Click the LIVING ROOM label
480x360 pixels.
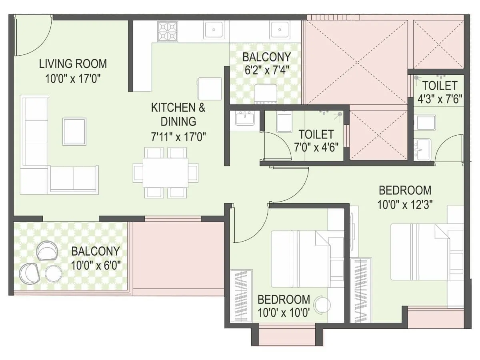pos(73,64)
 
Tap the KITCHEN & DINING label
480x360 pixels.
pos(178,114)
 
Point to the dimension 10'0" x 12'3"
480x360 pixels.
pos(405,205)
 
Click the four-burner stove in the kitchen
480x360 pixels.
pos(168,31)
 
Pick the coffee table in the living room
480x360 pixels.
pos(74,131)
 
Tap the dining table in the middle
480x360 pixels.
pos(165,172)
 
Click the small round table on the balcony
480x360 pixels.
pos(54,274)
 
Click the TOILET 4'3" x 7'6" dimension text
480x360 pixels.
pos(440,99)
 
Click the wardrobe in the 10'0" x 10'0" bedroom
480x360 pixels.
pos(241,296)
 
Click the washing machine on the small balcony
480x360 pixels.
pos(265,94)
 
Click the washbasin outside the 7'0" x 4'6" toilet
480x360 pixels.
pos(245,119)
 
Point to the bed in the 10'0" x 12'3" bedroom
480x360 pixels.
pos(420,252)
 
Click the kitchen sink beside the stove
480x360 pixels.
pos(214,30)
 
